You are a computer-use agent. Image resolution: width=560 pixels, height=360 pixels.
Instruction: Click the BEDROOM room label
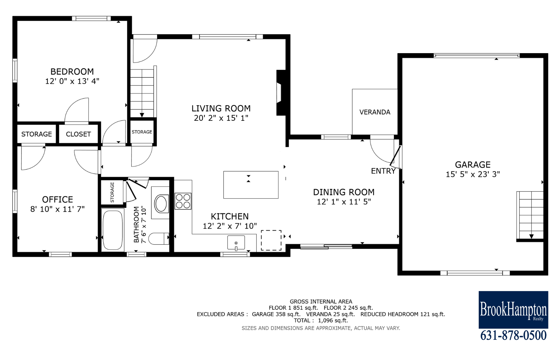72,71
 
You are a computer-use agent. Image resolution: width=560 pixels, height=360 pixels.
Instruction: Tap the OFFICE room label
58,200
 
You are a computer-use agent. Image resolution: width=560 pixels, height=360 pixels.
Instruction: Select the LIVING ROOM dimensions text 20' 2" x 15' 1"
221,118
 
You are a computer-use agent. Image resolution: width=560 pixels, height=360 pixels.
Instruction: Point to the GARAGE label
473,165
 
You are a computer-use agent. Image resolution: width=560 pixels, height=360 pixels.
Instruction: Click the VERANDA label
375,112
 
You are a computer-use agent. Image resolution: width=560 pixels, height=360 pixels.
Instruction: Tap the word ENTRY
383,171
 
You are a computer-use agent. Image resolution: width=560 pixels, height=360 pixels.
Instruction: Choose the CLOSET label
78,134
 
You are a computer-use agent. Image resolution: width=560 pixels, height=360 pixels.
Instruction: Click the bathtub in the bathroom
113,230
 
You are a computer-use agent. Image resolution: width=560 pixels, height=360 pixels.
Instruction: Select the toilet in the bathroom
159,239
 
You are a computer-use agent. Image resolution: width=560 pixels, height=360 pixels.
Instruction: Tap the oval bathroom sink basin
161,204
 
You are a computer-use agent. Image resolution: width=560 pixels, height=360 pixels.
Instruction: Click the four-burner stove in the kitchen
183,201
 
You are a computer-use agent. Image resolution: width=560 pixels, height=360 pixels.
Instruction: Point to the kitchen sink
236,243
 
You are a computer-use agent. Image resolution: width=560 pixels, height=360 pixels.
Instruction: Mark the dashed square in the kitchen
271,240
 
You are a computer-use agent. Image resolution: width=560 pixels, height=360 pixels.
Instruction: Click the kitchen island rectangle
251,185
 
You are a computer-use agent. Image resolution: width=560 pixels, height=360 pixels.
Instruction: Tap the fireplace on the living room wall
281,93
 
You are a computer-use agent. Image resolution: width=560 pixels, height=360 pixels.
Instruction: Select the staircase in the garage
530,216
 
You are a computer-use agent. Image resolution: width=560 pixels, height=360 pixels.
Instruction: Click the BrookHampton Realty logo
513,310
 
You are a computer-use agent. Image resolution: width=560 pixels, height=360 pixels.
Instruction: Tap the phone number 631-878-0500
513,335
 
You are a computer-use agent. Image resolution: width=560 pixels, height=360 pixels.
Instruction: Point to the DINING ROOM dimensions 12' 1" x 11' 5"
344,202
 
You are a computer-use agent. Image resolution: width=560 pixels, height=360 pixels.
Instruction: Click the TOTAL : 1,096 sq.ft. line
321,320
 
